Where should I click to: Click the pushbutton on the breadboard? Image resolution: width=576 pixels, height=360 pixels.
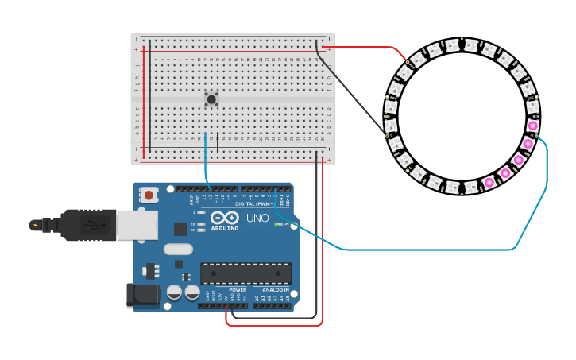coord(211,99)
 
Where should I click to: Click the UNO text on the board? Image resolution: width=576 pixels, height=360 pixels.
coord(257,218)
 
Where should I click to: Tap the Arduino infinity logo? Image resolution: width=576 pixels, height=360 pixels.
coord(225,217)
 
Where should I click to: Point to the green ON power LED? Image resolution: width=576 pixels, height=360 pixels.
coord(279,224)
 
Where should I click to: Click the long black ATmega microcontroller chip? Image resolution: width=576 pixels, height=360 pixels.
coord(245,273)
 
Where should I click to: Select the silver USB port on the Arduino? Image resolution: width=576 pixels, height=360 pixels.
coord(137,225)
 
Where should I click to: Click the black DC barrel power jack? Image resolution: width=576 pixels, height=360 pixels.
coord(143,295)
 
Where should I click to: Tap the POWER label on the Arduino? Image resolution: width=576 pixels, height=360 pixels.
coord(238,290)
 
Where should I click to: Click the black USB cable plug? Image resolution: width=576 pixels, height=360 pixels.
coord(87,225)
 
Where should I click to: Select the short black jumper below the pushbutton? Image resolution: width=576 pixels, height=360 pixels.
coord(218,143)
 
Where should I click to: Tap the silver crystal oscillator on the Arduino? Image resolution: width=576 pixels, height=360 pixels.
coord(178,249)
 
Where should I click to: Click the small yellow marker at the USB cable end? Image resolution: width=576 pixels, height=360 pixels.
coord(34,225)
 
